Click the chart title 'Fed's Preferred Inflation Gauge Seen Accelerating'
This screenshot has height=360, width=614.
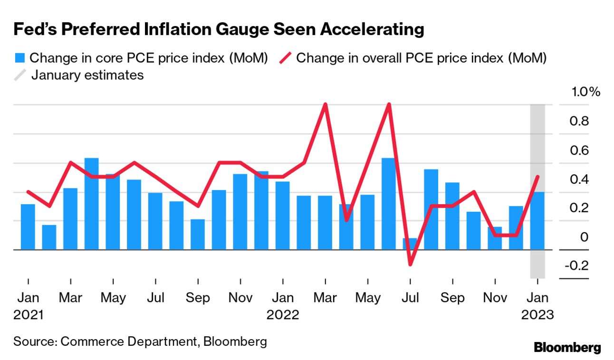pyautogui.click(x=219, y=29)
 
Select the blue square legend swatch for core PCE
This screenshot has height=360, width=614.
pyautogui.click(x=19, y=58)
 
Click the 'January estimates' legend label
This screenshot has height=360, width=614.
pyautogui.click(x=87, y=75)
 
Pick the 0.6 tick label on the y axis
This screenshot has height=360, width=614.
pyautogui.click(x=579, y=151)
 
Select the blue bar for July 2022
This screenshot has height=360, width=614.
pyautogui.click(x=410, y=244)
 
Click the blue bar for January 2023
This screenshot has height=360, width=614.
pyautogui.click(x=537, y=221)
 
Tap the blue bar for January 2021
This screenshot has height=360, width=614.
pyautogui.click(x=28, y=227)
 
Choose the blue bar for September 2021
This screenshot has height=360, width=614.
pyautogui.click(x=198, y=235)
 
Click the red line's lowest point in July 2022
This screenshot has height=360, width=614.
pyautogui.click(x=410, y=264)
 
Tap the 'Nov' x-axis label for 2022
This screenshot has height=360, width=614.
pyautogui.click(x=495, y=298)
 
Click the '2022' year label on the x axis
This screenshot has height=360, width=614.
pyautogui.click(x=283, y=315)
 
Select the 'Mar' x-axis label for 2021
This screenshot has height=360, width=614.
pyautogui.click(x=70, y=298)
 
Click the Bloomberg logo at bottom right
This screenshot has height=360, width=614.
pyautogui.click(x=567, y=347)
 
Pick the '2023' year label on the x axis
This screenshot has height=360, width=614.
pyautogui.click(x=537, y=315)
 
